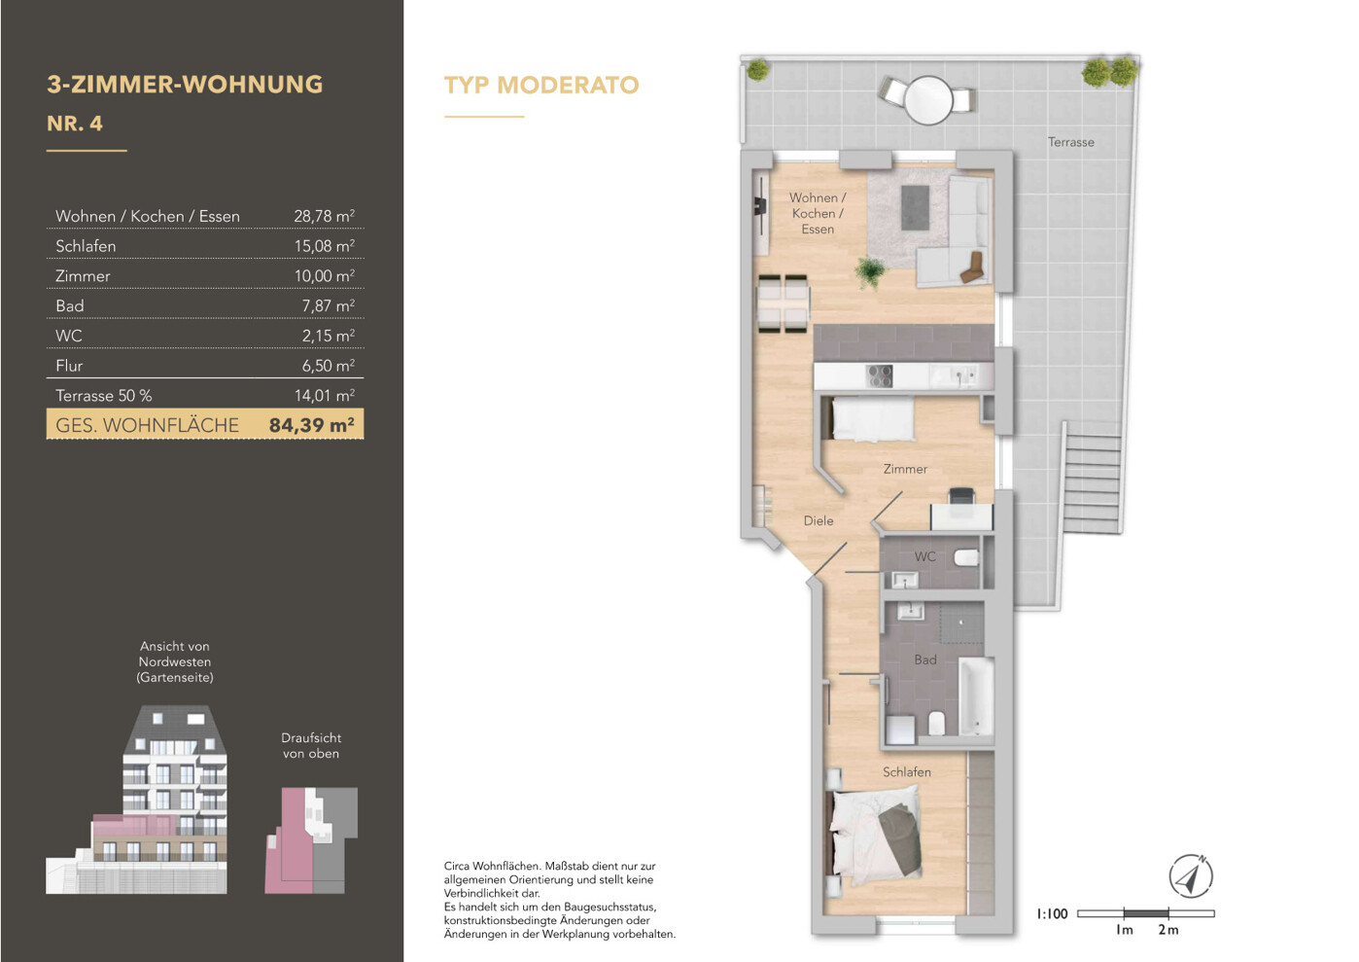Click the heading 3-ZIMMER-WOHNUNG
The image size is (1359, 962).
[185, 85]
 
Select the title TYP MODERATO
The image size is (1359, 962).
[541, 86]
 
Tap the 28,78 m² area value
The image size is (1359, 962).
[324, 216]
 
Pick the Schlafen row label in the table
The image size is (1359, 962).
[86, 246]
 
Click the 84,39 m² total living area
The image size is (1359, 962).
[312, 424]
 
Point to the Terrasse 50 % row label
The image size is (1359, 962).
[104, 396]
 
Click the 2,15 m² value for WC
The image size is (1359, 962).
[329, 336]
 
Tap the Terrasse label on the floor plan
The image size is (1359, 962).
[1071, 142]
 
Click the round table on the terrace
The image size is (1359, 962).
[928, 100]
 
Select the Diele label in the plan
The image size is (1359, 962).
[819, 520]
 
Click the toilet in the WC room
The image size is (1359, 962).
[966, 557]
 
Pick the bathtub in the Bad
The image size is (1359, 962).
[976, 696]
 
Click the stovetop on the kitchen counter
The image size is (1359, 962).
[880, 375]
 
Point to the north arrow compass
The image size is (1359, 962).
[1190, 876]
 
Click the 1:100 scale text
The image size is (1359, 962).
[1052, 914]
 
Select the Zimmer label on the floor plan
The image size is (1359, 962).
[905, 469]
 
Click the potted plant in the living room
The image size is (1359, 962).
[871, 272]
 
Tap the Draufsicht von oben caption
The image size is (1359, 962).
[311, 745]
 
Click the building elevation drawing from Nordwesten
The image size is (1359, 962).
[136, 800]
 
